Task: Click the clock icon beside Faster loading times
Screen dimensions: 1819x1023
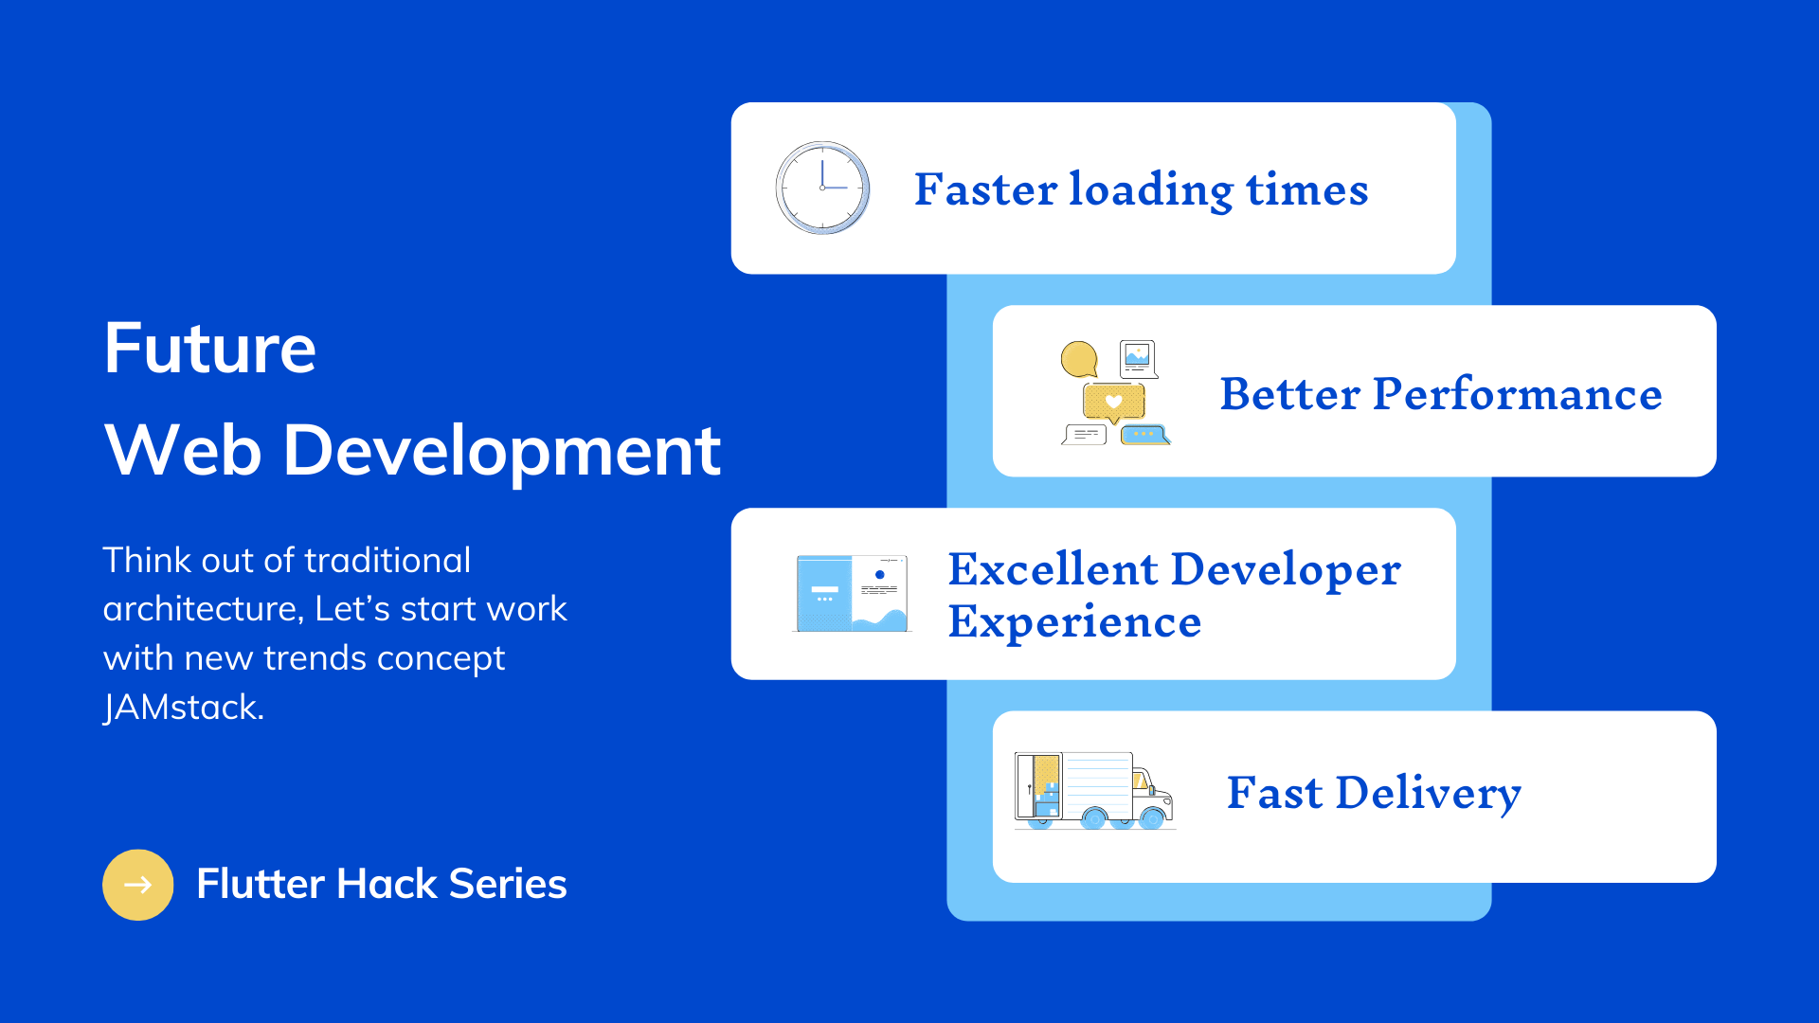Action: point(822,188)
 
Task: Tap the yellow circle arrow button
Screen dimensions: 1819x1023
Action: point(138,885)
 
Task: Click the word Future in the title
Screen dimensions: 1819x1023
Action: point(210,348)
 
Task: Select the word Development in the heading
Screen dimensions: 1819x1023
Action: point(502,450)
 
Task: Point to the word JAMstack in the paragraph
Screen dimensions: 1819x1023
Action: point(184,707)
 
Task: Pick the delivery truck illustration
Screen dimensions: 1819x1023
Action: point(1094,791)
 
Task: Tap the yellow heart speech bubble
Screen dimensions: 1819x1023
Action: point(1114,403)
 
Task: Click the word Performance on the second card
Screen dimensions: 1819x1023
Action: point(1518,394)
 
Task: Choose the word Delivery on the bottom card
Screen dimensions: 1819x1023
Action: point(1429,793)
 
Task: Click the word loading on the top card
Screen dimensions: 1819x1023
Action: point(1152,190)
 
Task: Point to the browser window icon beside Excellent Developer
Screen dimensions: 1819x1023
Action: point(852,593)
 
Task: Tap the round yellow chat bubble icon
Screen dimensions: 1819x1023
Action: point(1079,359)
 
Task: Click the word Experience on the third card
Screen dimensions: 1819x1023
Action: point(1075,623)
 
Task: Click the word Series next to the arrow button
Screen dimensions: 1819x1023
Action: point(508,884)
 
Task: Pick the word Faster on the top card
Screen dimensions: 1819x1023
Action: point(985,189)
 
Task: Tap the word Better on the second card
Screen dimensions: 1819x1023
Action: point(1290,394)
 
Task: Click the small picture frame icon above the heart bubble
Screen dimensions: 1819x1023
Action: point(1138,358)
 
